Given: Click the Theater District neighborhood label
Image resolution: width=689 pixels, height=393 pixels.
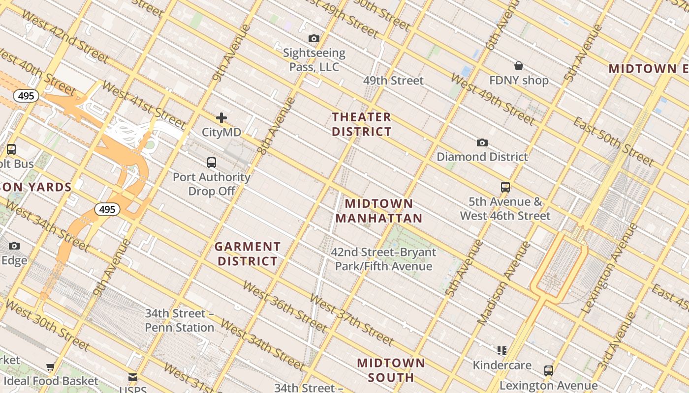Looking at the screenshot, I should [361, 124].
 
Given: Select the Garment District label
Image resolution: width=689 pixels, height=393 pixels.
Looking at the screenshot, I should [248, 254].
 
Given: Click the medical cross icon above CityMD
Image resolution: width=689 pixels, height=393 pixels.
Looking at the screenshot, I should [221, 118].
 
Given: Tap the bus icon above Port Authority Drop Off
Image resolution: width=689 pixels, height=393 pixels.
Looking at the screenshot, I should [212, 162].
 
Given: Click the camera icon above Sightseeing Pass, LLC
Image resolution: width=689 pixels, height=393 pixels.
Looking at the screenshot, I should [314, 38].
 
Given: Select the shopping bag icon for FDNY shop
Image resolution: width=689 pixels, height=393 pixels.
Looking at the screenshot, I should [518, 66].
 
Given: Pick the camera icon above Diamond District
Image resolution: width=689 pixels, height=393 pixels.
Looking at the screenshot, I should [482, 142].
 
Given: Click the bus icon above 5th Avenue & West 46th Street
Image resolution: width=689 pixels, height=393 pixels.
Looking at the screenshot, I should [505, 187].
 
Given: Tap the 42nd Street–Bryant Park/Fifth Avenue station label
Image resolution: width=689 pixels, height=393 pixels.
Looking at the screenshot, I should [383, 259].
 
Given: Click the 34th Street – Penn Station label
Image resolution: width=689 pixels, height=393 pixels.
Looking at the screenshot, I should [180, 320].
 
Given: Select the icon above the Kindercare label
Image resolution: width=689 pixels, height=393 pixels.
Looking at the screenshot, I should [502, 350].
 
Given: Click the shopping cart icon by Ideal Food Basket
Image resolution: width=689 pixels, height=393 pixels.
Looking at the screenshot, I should [50, 366].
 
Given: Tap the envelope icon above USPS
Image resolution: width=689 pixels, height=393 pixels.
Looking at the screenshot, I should [133, 377].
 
